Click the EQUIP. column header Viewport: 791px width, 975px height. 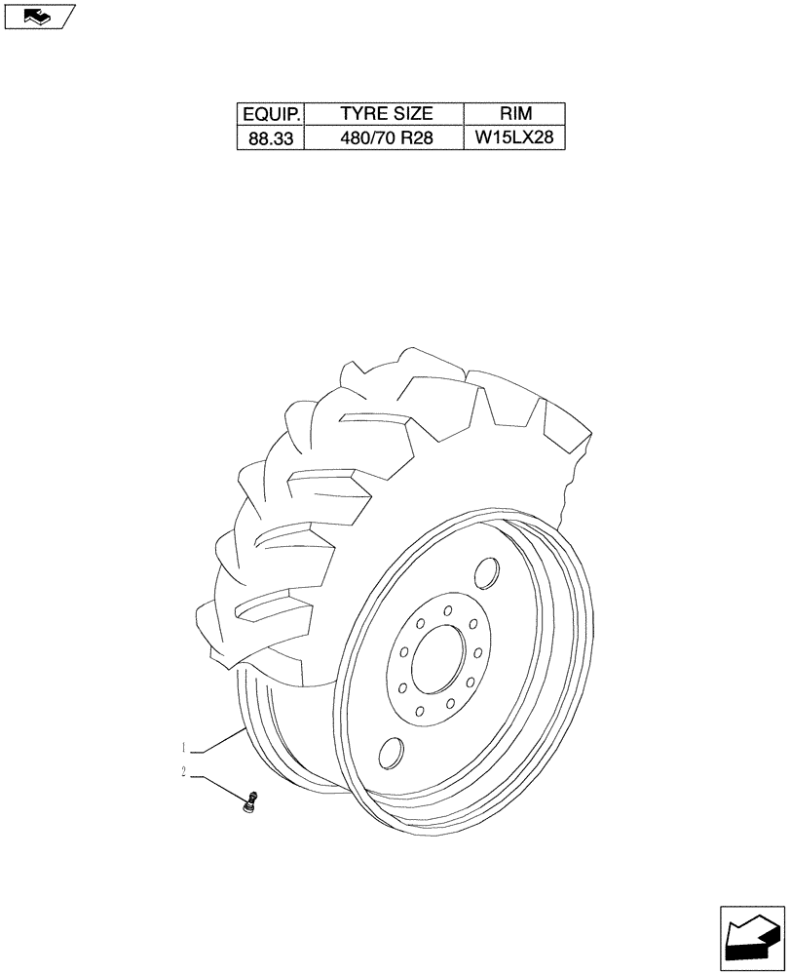270,114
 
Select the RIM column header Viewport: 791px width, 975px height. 513,114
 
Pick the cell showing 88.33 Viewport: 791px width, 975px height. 270,137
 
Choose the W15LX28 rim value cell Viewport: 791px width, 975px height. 513,137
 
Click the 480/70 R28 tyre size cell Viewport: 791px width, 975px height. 385,137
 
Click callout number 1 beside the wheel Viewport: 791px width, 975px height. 183,748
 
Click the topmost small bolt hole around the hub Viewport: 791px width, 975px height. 447,610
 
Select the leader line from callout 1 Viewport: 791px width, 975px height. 219,740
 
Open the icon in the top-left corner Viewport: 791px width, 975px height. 38,16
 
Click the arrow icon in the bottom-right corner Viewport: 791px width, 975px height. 751,938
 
